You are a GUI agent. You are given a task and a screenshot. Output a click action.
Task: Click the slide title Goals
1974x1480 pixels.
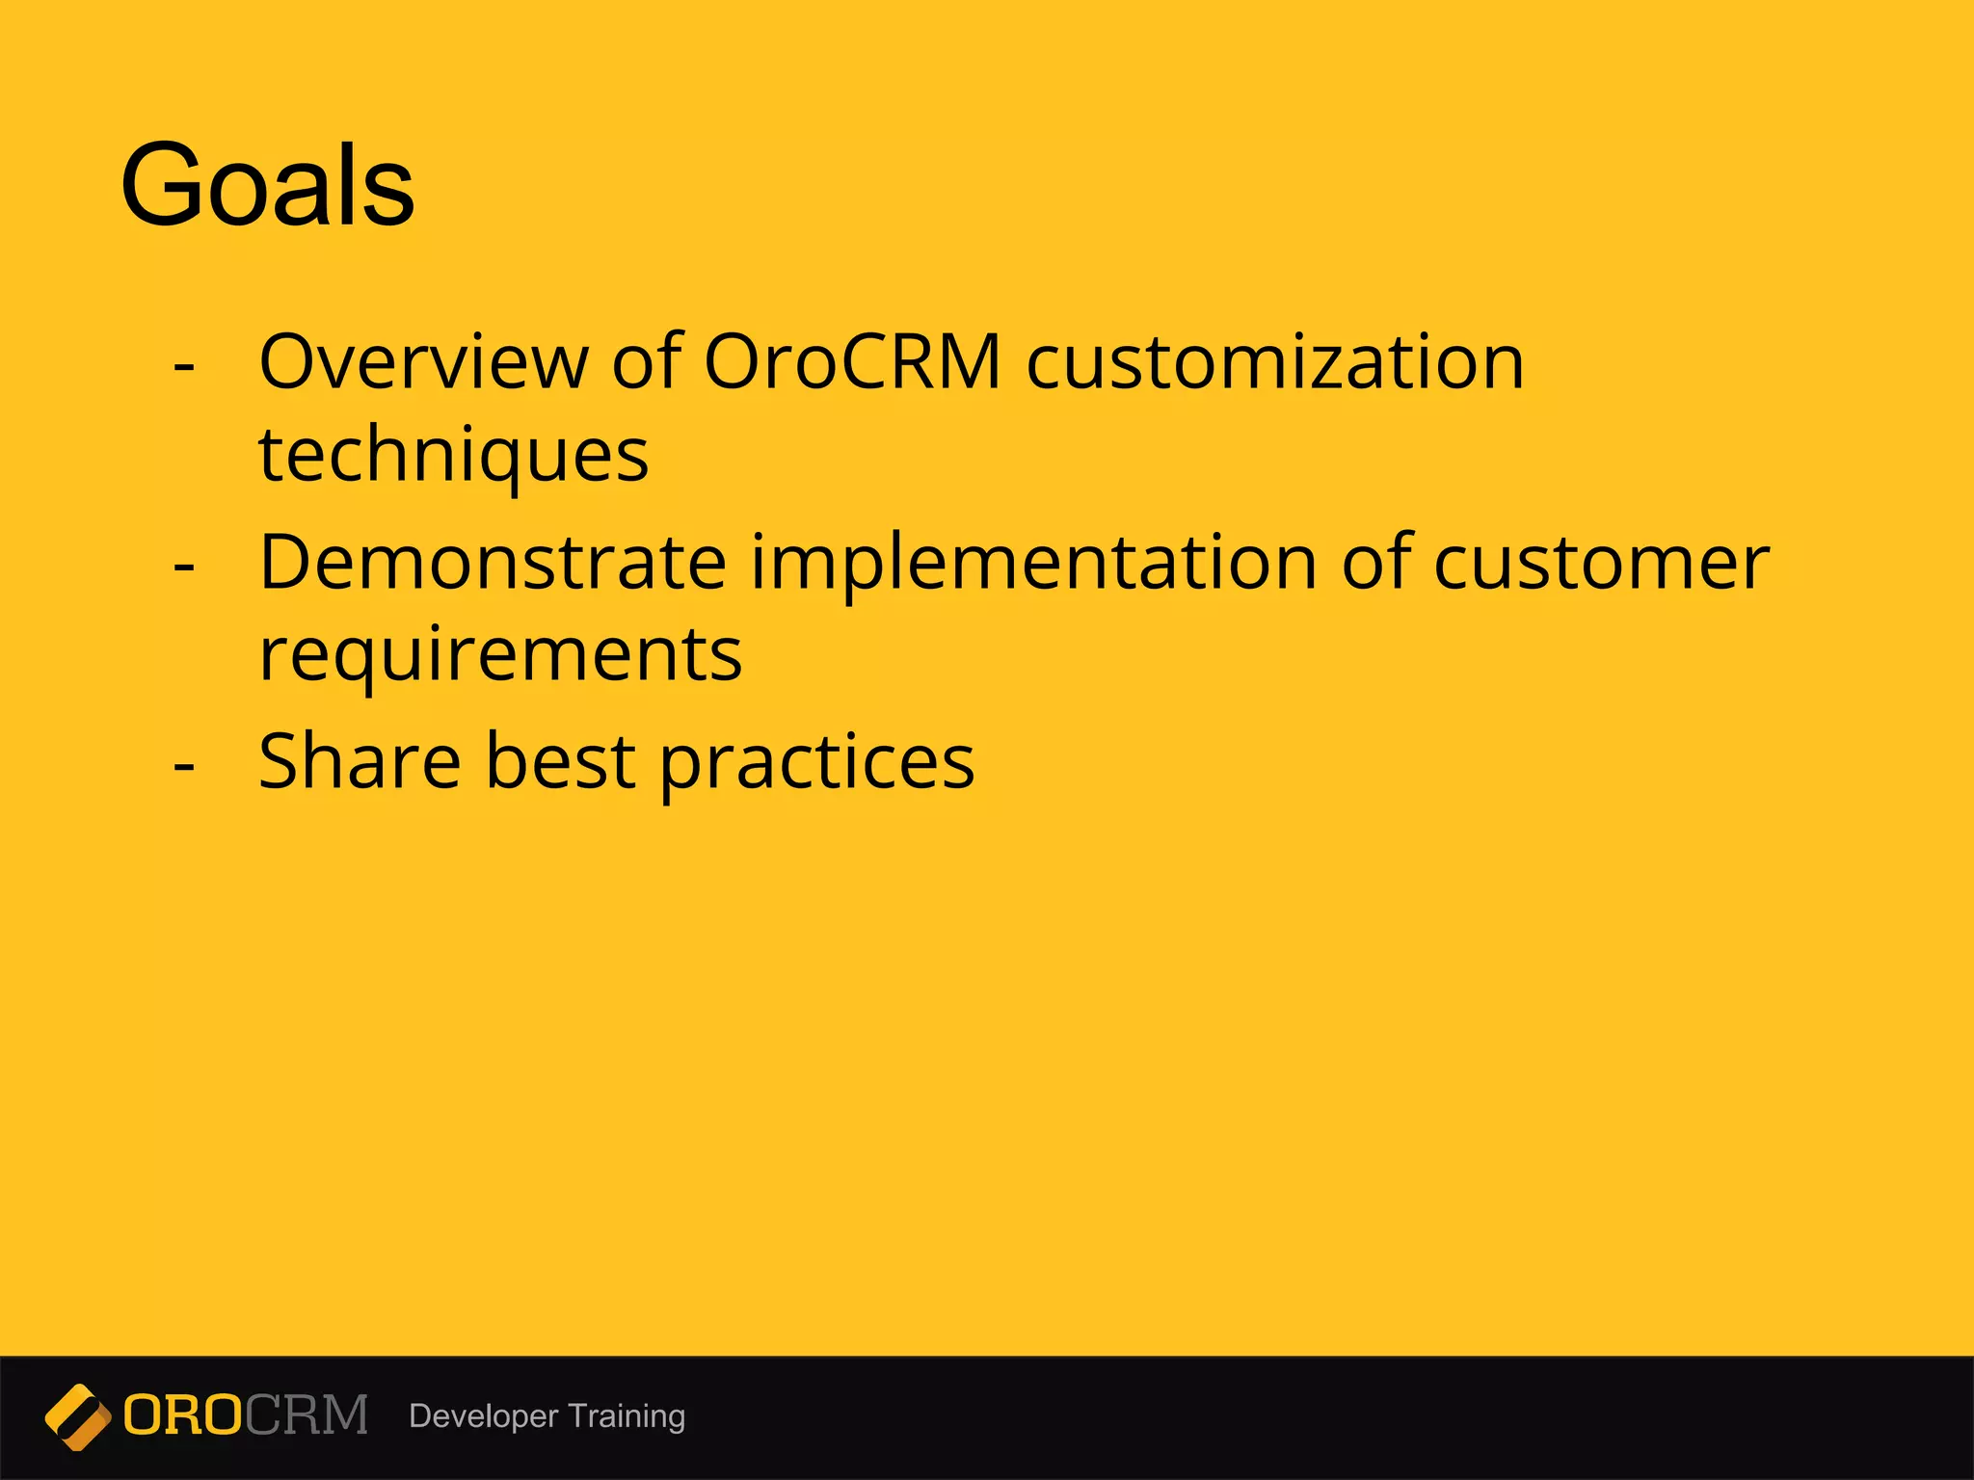(x=267, y=185)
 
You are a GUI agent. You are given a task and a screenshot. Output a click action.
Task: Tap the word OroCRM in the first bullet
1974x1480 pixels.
(x=852, y=362)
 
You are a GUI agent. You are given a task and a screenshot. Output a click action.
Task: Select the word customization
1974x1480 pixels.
(x=1274, y=362)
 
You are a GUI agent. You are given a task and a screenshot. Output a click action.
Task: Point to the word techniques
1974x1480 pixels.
(x=453, y=455)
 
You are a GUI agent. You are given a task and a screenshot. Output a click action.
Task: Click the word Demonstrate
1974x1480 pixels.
(x=492, y=563)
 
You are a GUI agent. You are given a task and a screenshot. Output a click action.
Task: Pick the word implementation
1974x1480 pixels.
(x=1033, y=563)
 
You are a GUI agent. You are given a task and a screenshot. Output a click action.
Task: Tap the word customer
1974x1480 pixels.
(x=1600, y=563)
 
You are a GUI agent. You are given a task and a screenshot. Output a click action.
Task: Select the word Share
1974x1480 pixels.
(x=360, y=761)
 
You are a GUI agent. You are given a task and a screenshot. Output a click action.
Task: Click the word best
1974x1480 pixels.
(x=560, y=761)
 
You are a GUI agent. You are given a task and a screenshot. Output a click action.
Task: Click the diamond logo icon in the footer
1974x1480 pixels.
(x=77, y=1416)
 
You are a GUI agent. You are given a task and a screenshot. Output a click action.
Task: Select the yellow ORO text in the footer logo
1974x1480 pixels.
(x=182, y=1415)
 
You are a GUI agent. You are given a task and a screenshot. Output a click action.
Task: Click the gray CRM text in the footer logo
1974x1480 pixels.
(x=306, y=1415)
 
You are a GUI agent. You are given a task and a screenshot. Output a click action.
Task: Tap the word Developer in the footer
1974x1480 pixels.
(x=483, y=1416)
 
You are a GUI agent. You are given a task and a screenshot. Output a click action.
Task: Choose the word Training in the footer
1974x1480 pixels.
(x=627, y=1416)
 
